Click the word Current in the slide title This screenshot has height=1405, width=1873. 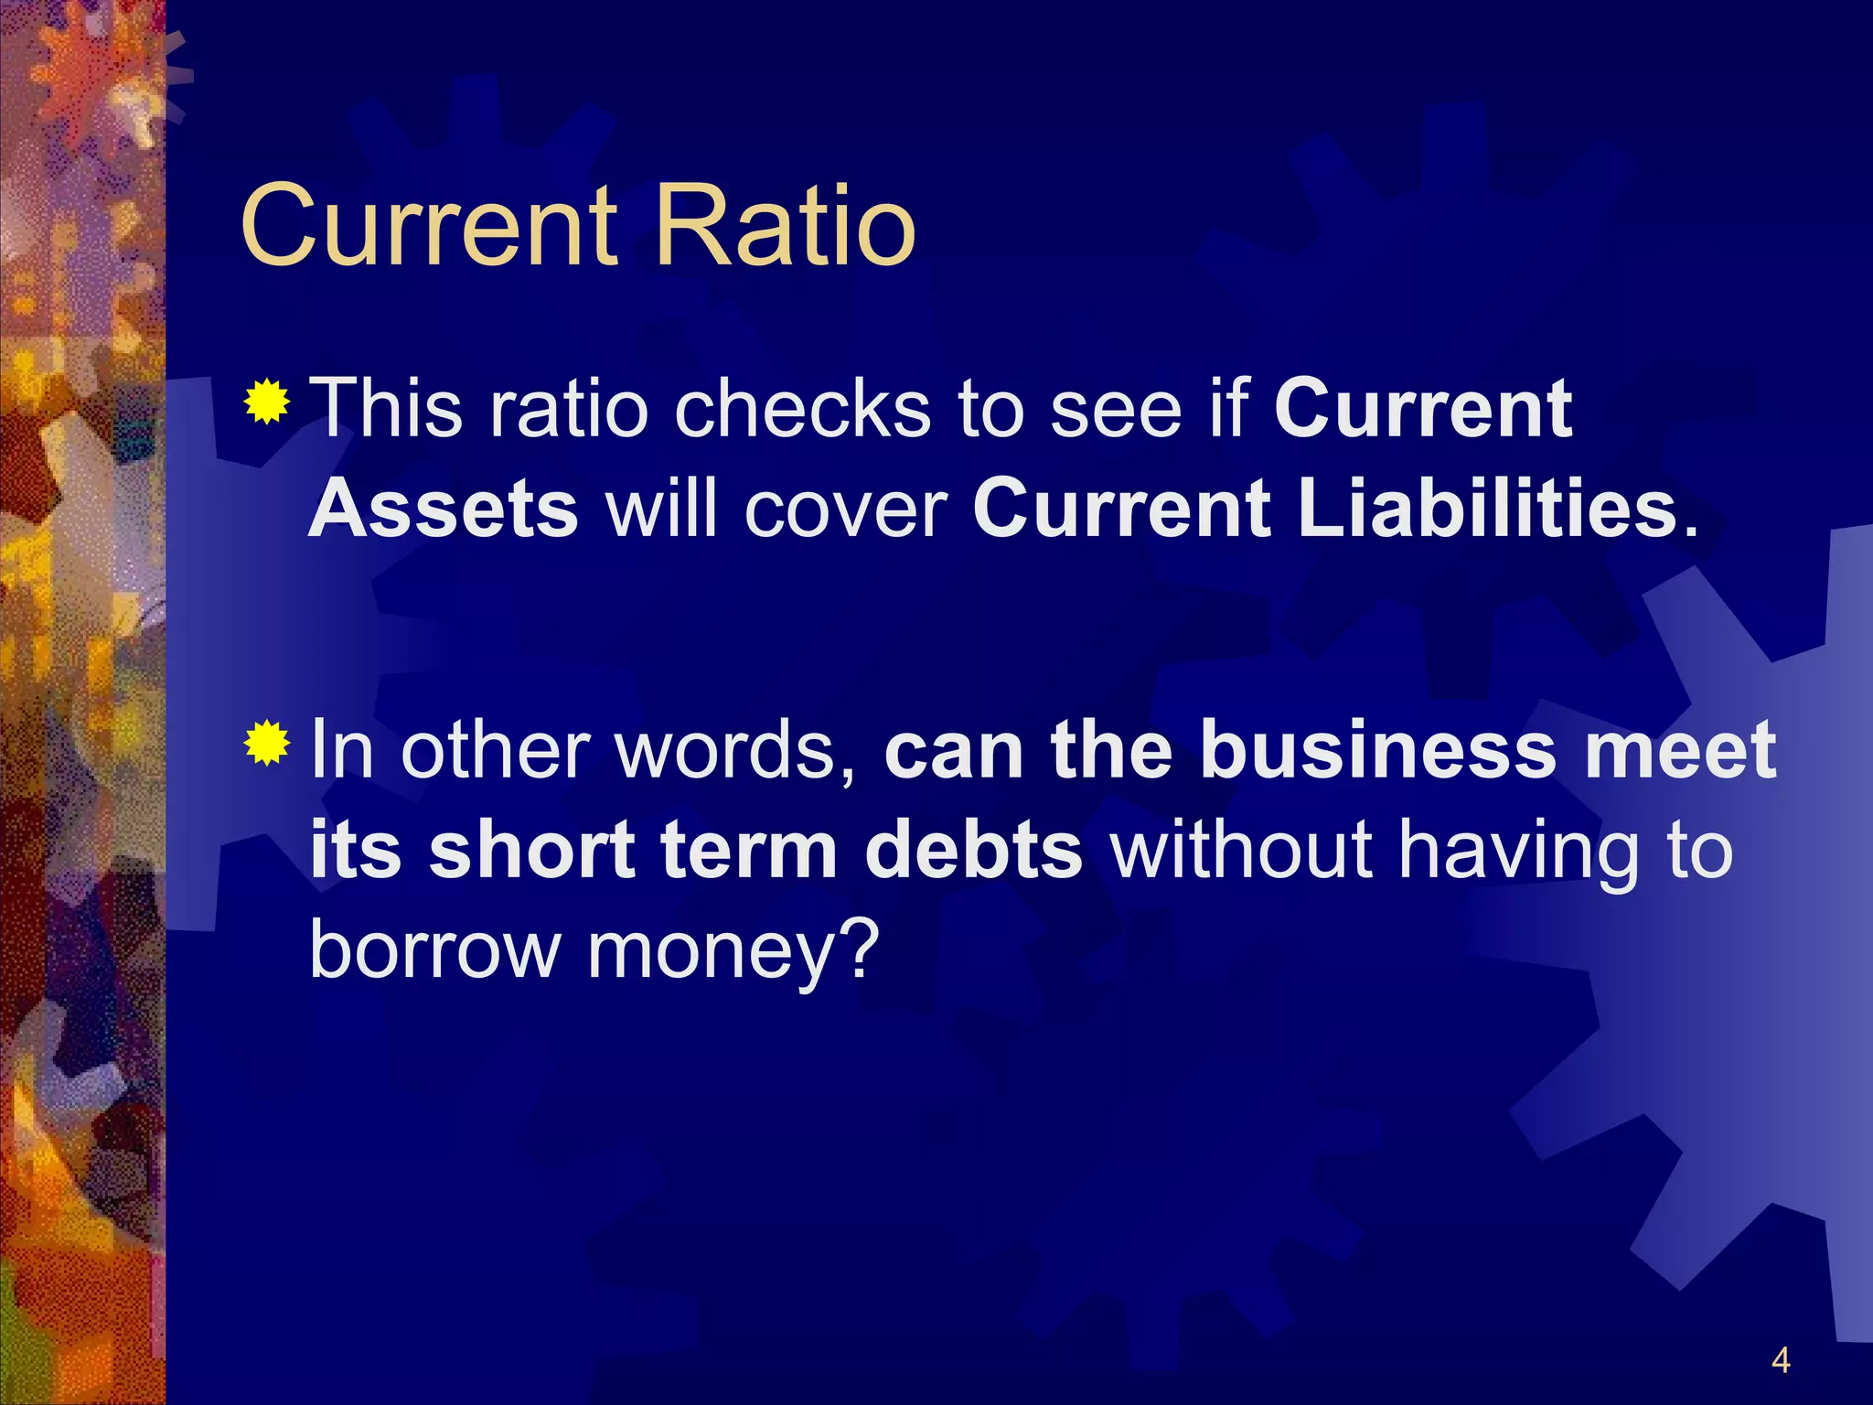click(429, 225)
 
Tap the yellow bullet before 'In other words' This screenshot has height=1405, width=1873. click(267, 742)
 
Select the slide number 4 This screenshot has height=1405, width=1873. click(1780, 1360)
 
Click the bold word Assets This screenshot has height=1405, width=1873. click(444, 509)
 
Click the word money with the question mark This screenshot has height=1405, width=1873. click(732, 951)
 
